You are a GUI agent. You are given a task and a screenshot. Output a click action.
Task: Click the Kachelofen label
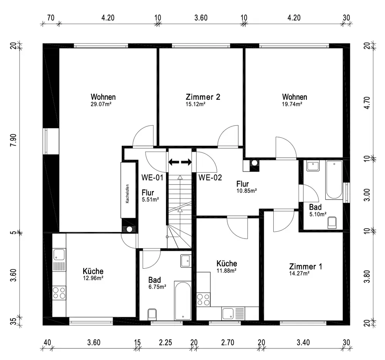pyautogui.click(x=127, y=193)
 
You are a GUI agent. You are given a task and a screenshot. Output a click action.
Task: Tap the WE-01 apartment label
pyautogui.click(x=152, y=177)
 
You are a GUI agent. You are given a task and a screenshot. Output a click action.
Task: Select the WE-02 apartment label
pyautogui.click(x=210, y=177)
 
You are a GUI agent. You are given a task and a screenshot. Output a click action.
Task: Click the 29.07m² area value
pyautogui.click(x=101, y=104)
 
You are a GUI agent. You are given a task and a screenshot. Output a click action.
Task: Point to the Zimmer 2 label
pyautogui.click(x=203, y=97)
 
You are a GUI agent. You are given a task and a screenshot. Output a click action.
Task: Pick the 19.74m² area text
pyautogui.click(x=292, y=104)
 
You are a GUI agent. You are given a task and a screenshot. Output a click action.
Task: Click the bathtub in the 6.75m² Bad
pyautogui.click(x=182, y=301)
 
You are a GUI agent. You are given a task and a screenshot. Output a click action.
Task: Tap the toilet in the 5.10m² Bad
pyautogui.click(x=332, y=223)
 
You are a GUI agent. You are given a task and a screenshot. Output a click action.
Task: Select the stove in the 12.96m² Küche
pyautogui.click(x=59, y=293)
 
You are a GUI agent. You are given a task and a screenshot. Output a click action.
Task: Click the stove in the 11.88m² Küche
pyautogui.click(x=203, y=299)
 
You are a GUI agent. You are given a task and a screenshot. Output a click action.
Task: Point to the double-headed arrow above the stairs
pyautogui.click(x=180, y=162)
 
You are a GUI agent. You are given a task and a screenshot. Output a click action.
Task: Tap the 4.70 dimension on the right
pyautogui.click(x=367, y=103)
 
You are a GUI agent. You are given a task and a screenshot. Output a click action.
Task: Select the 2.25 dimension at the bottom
pyautogui.click(x=166, y=342)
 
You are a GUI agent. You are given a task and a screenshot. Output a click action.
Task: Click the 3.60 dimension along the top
pyautogui.click(x=201, y=18)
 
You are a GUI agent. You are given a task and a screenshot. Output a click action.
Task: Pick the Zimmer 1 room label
pyautogui.click(x=305, y=266)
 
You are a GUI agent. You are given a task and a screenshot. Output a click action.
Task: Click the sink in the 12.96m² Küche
pyautogui.click(x=59, y=254)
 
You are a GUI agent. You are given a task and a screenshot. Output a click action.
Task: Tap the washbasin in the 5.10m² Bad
pyautogui.click(x=313, y=166)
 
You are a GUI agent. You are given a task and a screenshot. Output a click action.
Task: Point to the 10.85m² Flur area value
pyautogui.click(x=246, y=191)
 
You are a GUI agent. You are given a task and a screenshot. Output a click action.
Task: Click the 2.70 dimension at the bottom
pyautogui.click(x=228, y=342)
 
